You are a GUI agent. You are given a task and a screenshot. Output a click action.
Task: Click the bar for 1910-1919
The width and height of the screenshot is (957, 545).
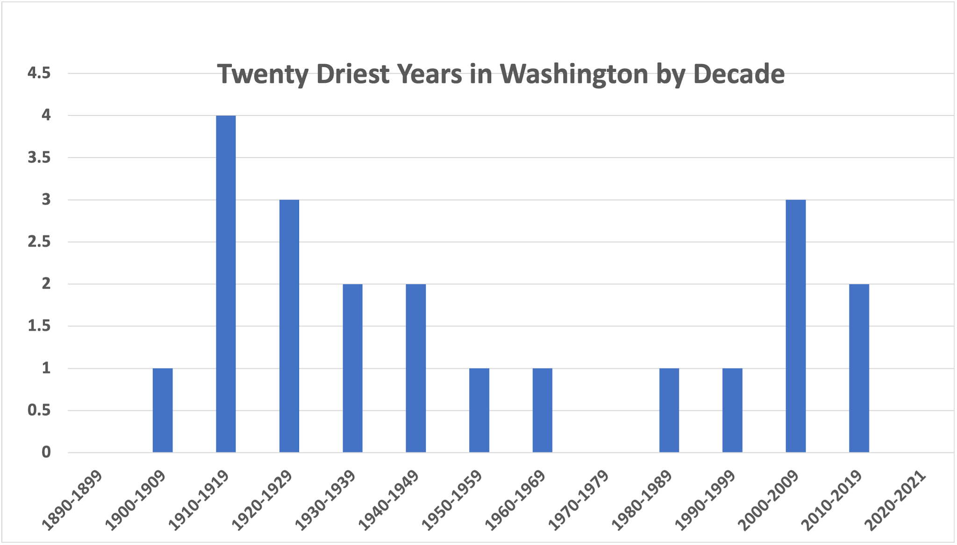click(226, 284)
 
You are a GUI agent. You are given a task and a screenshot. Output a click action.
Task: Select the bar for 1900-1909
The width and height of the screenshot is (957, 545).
click(163, 410)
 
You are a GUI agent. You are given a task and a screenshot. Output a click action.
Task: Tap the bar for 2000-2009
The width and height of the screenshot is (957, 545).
click(795, 326)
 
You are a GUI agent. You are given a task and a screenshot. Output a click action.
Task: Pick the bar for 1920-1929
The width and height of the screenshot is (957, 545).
click(289, 326)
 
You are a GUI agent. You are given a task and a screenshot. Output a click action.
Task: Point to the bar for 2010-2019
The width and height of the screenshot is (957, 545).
click(859, 368)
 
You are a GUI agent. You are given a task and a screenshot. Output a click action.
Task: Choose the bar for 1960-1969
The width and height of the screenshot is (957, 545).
click(542, 410)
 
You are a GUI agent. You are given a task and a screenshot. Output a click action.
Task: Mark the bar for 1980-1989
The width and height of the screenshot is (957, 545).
click(669, 410)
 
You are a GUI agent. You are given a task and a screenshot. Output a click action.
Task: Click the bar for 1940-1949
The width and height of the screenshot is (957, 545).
click(416, 368)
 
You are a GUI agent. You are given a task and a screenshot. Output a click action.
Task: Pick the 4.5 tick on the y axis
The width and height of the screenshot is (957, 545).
click(39, 73)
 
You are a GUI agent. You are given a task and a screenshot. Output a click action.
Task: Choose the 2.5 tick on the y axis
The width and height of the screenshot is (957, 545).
click(39, 242)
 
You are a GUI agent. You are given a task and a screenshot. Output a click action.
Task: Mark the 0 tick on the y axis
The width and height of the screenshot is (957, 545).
click(46, 452)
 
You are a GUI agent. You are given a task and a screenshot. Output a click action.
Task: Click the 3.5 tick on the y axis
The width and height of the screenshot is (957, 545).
click(39, 158)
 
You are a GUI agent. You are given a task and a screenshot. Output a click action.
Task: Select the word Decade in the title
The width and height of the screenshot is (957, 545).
click(739, 74)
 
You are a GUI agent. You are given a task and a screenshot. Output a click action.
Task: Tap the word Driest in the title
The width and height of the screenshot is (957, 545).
click(352, 74)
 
